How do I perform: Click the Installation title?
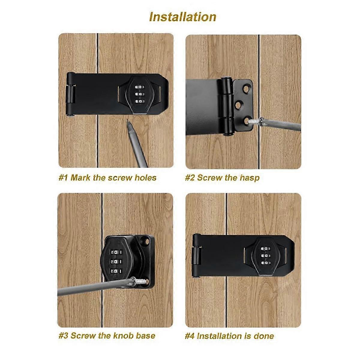[183, 17]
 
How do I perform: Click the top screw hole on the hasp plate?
[246, 89]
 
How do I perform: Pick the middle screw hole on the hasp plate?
[239, 105]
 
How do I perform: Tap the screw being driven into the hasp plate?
[254, 121]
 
